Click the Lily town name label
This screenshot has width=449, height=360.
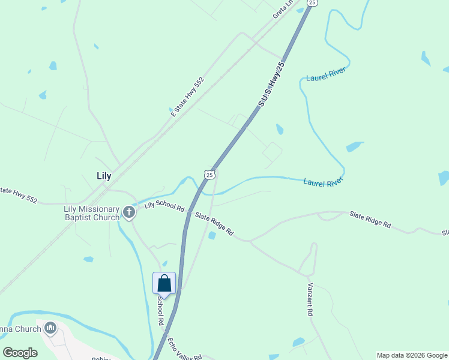[104, 176]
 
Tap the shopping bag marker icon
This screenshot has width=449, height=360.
[164, 283]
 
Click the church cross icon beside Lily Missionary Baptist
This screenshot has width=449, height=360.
[129, 211]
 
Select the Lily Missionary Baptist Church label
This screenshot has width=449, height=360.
[91, 213]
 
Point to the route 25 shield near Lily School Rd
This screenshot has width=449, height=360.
[209, 174]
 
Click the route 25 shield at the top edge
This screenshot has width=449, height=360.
[311, 3]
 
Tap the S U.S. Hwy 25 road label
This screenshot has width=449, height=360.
[271, 83]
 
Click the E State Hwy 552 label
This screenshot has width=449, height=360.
[187, 96]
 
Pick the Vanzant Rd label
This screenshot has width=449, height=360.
[310, 299]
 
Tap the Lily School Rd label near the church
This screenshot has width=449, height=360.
[164, 206]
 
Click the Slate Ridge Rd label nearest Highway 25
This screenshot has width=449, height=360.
[214, 224]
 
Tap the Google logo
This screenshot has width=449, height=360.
[20, 353]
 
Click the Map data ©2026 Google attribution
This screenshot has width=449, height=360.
[412, 355]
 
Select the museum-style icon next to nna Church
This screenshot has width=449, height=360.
[50, 328]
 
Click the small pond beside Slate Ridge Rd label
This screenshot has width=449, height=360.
[212, 235]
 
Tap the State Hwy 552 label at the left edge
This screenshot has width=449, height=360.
[18, 194]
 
